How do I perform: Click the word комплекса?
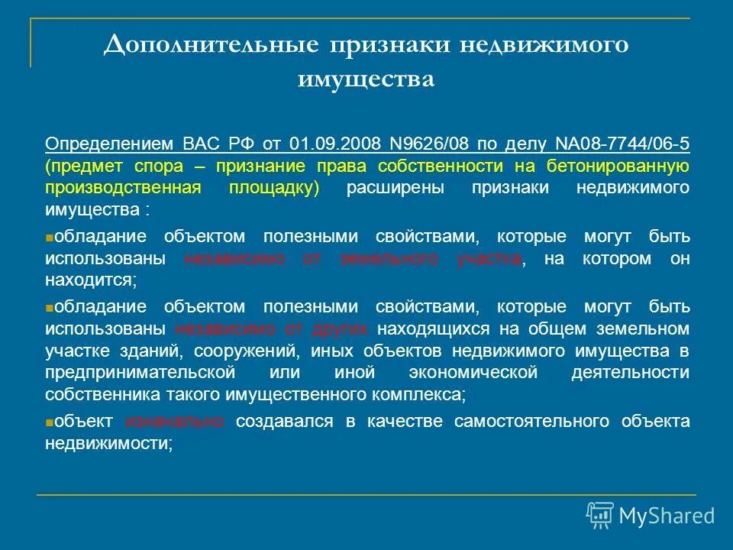424,395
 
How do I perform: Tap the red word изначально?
175,421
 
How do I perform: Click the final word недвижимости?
106,443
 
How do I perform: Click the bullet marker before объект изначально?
49,422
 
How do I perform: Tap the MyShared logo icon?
599,516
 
